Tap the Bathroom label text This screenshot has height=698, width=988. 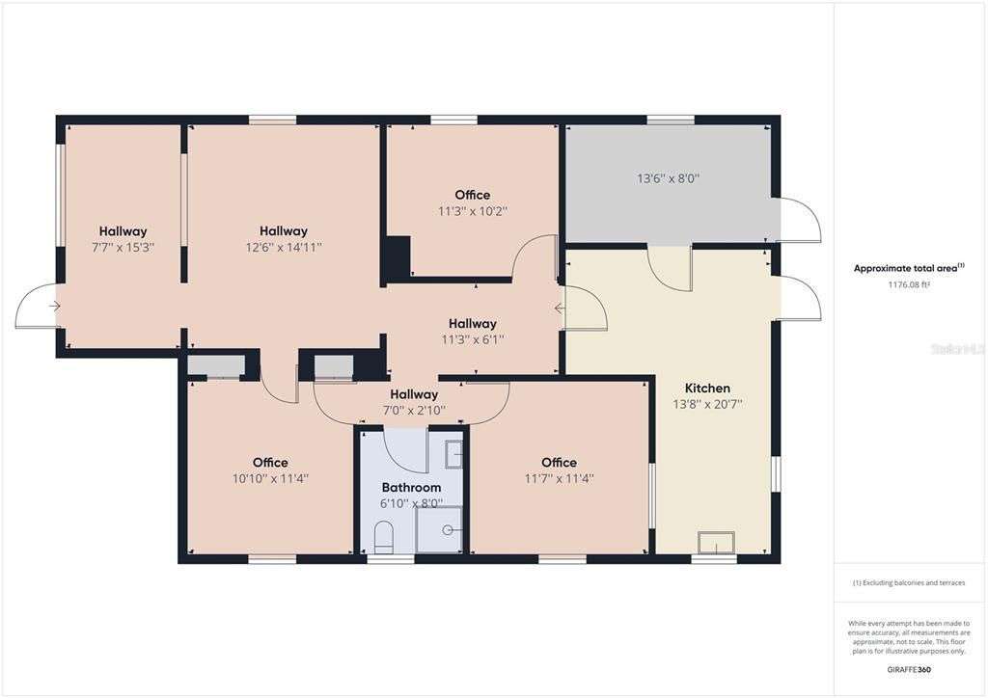(411, 488)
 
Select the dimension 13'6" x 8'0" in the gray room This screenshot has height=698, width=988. (668, 178)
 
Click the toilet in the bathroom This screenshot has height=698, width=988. (383, 537)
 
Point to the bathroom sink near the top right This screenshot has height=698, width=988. (453, 453)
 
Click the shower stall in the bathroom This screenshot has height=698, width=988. (439, 529)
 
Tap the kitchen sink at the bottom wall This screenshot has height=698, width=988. (716, 544)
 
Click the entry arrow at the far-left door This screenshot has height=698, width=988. (54, 307)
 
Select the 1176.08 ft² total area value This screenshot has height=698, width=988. (909, 285)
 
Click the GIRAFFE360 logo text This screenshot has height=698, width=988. (909, 669)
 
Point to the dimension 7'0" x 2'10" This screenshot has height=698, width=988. (414, 410)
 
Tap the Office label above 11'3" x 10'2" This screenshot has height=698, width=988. (473, 195)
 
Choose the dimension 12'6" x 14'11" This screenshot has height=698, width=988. (284, 247)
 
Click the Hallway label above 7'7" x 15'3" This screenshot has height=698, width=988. (123, 231)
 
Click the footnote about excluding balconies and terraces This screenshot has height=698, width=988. (909, 583)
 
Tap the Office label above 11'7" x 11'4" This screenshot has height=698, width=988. (559, 463)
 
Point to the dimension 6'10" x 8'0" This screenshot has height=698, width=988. (411, 503)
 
